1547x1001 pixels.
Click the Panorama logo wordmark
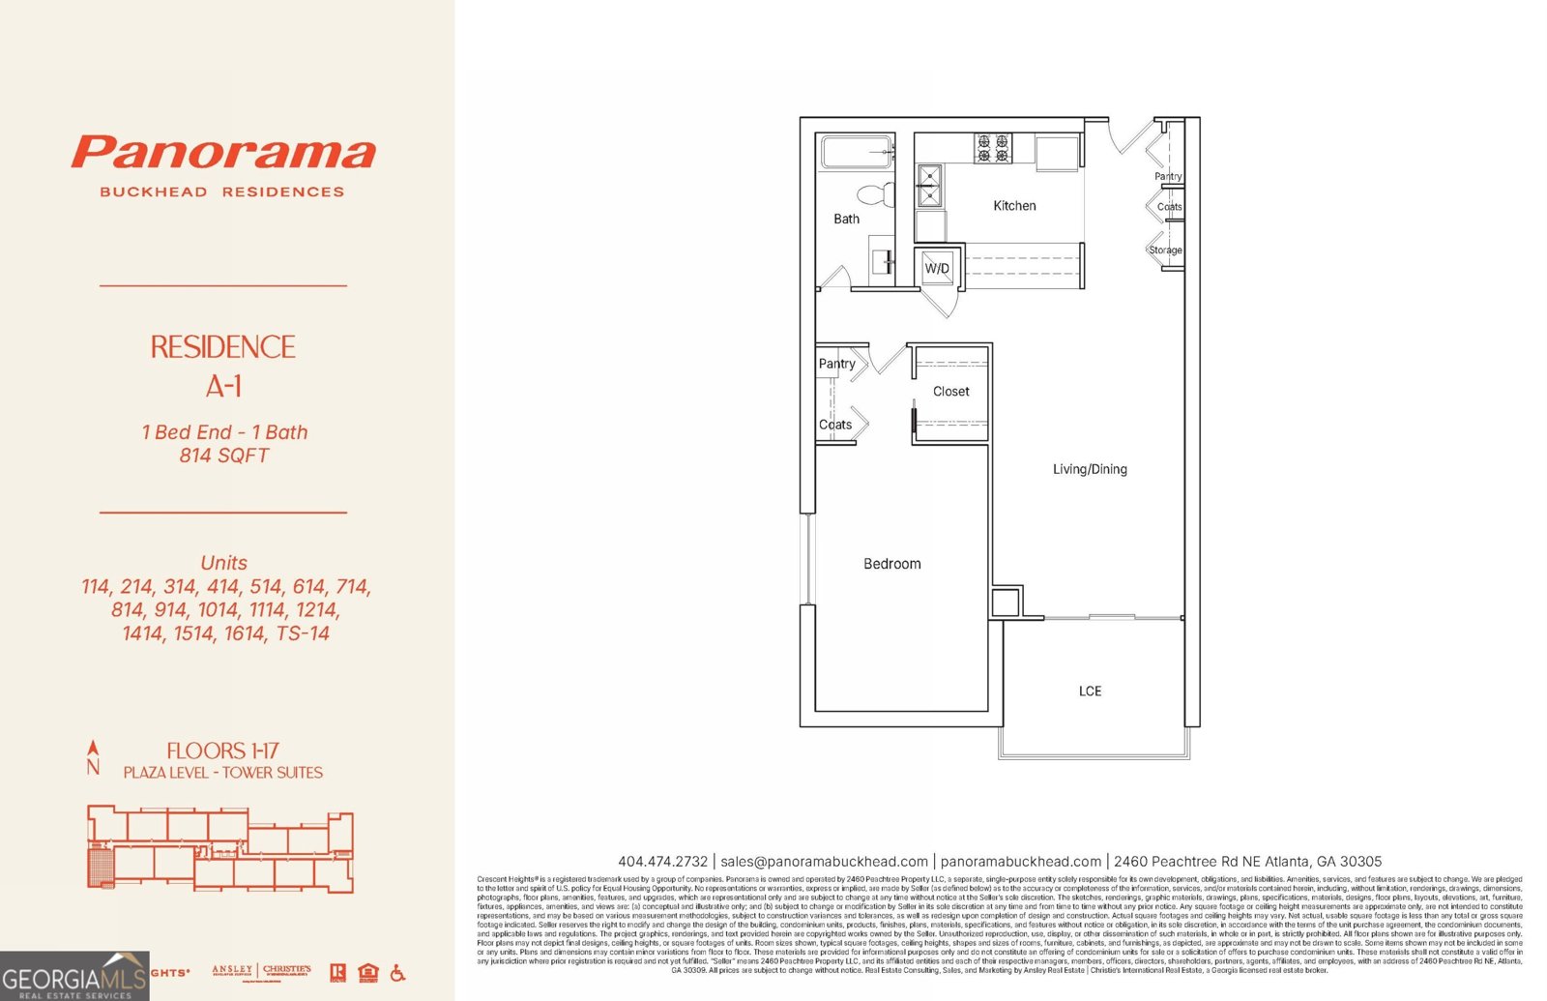tap(223, 153)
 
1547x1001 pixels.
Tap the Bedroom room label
tap(891, 564)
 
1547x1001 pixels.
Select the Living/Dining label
tap(1090, 469)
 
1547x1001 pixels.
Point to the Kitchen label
tap(1014, 206)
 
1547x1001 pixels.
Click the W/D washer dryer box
tap(937, 268)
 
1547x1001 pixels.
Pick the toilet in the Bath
tap(876, 194)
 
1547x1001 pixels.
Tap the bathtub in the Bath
tap(857, 153)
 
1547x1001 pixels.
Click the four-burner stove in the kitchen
tap(993, 149)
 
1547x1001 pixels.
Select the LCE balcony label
tap(1090, 691)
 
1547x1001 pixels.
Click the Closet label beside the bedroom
tap(950, 392)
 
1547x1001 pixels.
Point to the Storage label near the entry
tap(1165, 250)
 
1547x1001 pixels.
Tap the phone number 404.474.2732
tap(663, 861)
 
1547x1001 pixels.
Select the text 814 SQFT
tap(223, 456)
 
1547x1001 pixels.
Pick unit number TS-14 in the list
tap(303, 633)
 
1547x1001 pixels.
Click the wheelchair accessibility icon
tap(397, 973)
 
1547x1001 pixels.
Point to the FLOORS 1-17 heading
tap(222, 751)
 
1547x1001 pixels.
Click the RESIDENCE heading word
tap(222, 347)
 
